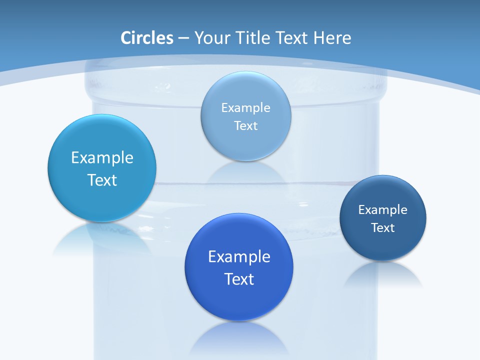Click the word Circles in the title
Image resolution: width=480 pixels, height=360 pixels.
[x=147, y=38]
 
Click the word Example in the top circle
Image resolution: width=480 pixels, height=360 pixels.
[x=245, y=107]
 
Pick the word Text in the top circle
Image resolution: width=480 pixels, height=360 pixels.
[x=245, y=125]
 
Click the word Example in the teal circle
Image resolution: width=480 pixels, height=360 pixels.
[x=102, y=158]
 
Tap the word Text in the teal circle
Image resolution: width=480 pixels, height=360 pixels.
[x=102, y=180]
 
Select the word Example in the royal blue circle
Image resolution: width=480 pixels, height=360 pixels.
[x=239, y=257]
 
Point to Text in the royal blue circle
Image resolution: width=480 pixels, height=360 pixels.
[x=239, y=279]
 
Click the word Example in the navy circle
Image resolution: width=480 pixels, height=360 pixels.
[x=383, y=209]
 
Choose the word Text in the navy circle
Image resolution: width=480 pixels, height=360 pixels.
[x=383, y=227]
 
